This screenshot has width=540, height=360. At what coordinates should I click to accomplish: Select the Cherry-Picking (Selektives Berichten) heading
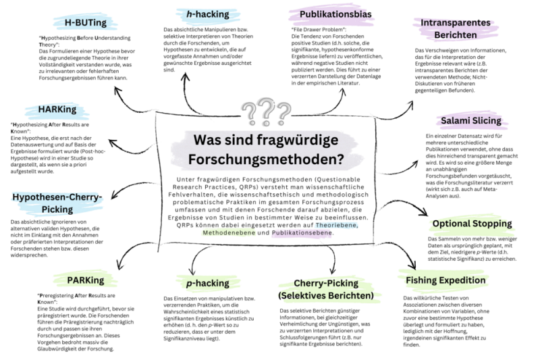[x=325, y=289]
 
